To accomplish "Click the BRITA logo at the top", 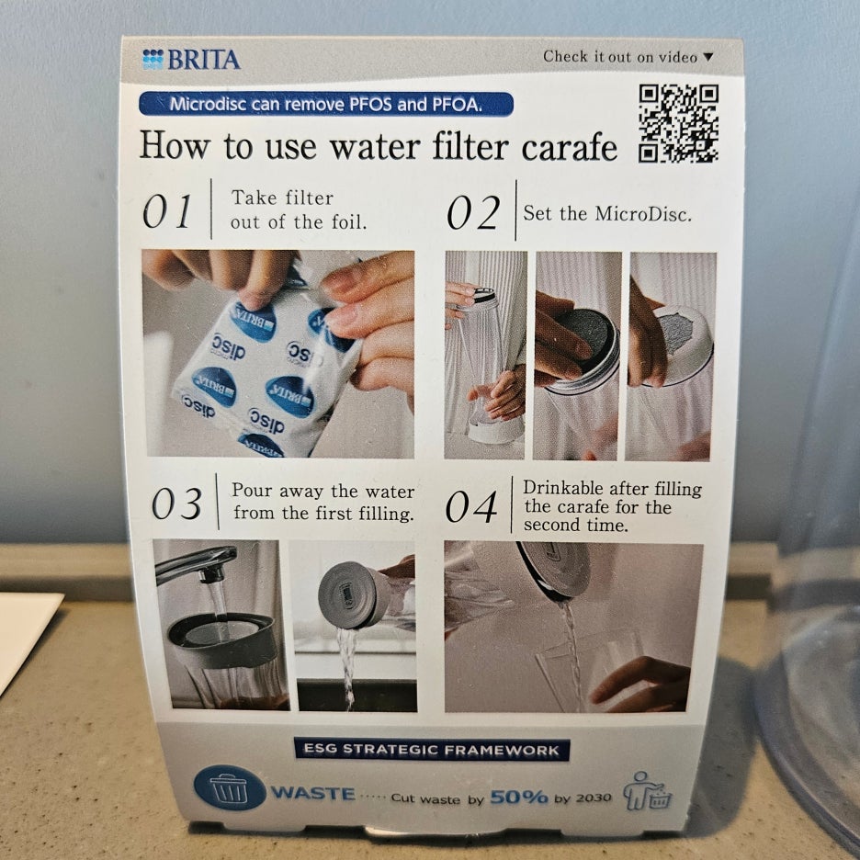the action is pos(191,59).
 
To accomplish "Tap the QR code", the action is pos(678,123).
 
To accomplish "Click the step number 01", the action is pos(166,211).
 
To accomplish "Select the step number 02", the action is pos(473,213).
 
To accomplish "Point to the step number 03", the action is pos(176,504).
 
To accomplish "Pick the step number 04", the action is pos(471,507).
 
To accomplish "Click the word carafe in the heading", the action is pos(570,147).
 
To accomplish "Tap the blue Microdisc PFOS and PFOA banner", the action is pos(326,104).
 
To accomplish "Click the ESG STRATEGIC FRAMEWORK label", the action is pos(432,750).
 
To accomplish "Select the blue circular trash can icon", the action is pos(230,787).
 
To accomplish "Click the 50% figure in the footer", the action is pos(519,797).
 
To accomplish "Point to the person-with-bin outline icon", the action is pos(647,791).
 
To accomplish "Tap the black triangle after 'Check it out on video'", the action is pos(708,56).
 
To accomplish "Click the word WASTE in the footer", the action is pos(313,794).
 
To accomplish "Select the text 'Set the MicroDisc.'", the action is pos(607,213).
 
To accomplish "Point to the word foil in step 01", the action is pos(349,222).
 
